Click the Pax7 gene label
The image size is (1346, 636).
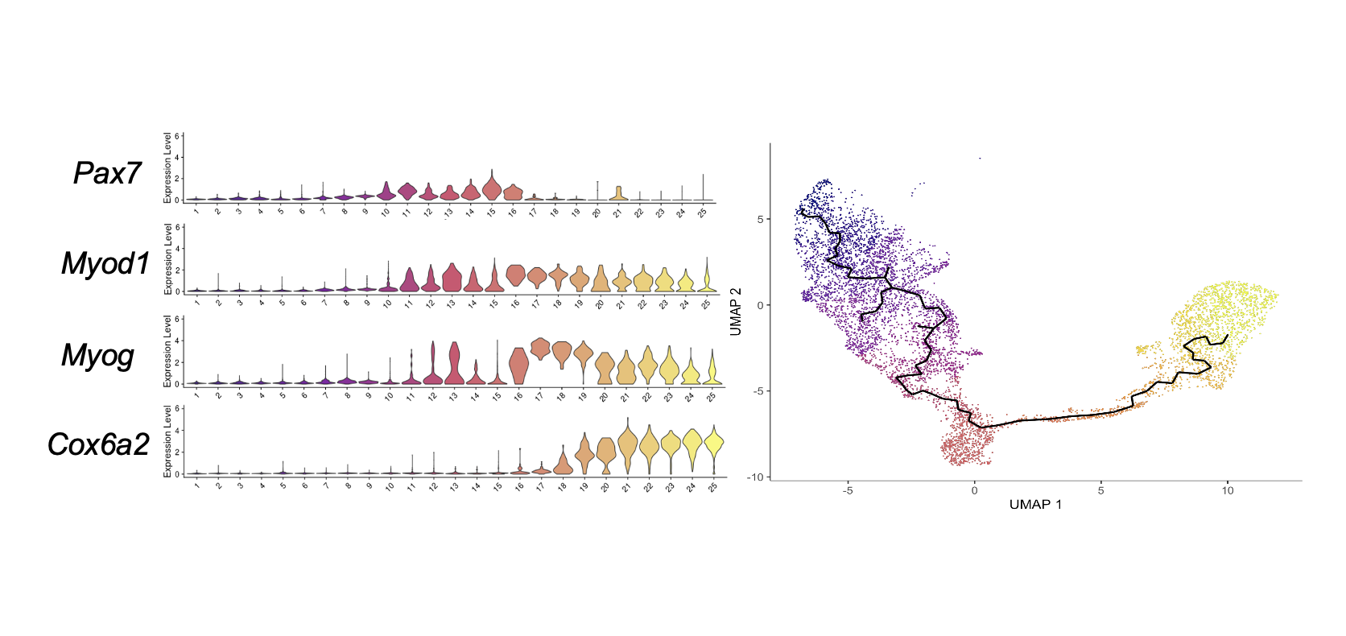click(107, 173)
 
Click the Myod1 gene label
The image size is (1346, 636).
click(105, 263)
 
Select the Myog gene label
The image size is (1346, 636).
click(97, 355)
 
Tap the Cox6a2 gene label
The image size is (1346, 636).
click(98, 444)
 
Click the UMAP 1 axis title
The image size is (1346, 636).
click(1035, 505)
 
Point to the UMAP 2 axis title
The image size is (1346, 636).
click(736, 312)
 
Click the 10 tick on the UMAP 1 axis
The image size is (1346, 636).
click(1227, 490)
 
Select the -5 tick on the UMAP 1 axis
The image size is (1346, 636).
click(848, 490)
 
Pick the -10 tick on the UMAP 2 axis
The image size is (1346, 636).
click(754, 477)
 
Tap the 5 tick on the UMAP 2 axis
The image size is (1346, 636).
click(759, 219)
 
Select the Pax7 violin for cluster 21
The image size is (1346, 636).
click(618, 193)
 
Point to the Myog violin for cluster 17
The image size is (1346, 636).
click(539, 349)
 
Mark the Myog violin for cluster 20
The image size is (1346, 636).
click(605, 369)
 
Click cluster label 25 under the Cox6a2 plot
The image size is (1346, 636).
click(712, 487)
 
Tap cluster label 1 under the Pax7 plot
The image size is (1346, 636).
click(196, 212)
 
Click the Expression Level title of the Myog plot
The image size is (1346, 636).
click(167, 352)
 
